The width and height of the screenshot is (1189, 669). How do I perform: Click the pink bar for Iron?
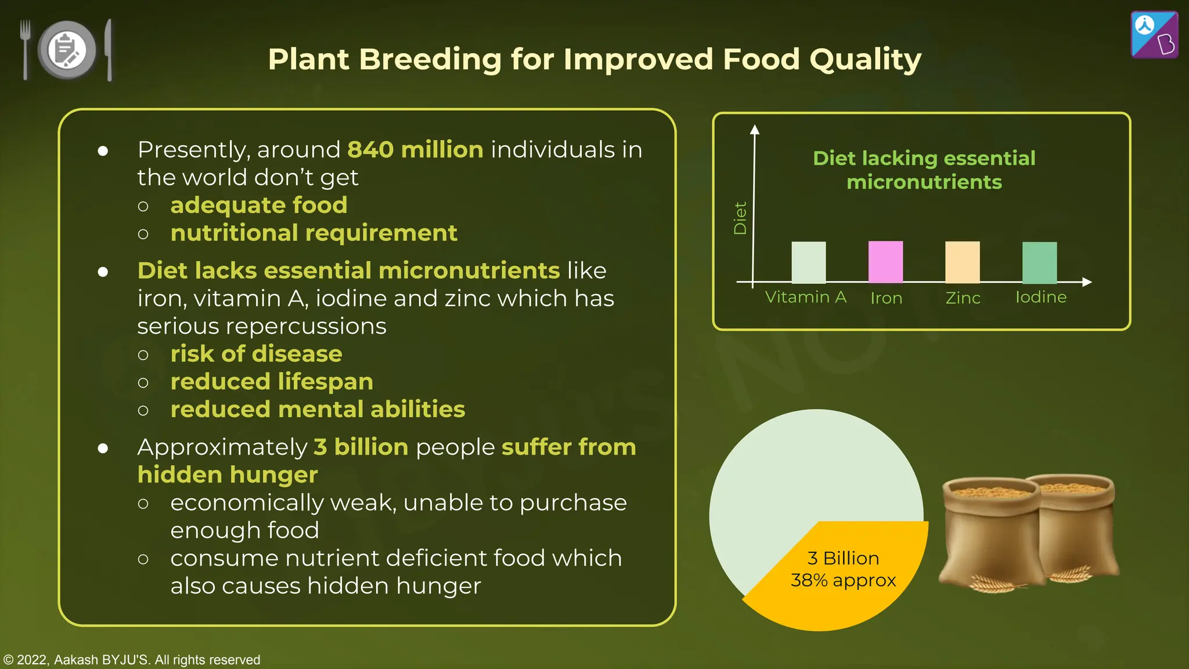pos(885,262)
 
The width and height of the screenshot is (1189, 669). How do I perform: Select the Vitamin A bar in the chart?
pos(808,262)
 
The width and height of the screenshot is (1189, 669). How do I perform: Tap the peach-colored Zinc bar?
pos(962,262)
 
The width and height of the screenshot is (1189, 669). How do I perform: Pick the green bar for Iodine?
pos(1039,262)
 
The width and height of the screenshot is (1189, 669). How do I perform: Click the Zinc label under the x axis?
pos(963,298)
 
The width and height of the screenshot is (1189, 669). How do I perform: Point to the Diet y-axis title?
pos(740,218)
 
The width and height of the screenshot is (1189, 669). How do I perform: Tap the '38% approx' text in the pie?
pos(843,580)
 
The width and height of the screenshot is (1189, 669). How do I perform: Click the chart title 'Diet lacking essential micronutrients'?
pos(924,170)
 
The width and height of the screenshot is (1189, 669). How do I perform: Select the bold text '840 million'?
pos(415,150)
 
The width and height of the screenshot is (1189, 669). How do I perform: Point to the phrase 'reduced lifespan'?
pos(272,382)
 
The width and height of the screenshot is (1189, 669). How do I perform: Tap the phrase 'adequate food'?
pos(259,205)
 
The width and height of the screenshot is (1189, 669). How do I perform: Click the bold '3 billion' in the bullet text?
pos(361,447)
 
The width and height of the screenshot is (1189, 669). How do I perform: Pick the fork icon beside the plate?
pos(25,50)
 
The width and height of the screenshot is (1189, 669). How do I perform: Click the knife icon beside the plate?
pos(109,50)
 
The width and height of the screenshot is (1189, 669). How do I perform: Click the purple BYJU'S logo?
pos(1154,35)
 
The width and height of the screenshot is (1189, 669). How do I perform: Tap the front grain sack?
pos(990,531)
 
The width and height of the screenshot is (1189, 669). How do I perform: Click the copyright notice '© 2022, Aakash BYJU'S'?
pos(132,660)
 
